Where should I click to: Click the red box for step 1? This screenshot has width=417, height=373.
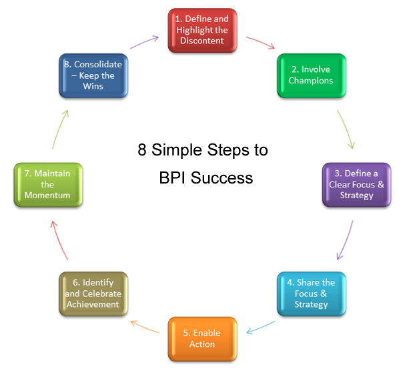point(203,30)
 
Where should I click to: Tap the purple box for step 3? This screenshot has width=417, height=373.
point(356,184)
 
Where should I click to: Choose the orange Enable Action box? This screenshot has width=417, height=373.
point(202,338)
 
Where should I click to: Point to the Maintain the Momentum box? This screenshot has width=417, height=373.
point(47,184)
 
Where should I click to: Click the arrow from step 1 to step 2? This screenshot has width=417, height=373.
point(260,43)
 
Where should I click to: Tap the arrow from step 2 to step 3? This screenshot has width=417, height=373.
point(345,127)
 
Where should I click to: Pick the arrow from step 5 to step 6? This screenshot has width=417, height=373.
point(146,327)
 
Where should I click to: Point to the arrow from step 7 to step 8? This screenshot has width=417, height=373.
point(59,128)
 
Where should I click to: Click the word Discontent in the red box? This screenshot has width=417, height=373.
point(203,41)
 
